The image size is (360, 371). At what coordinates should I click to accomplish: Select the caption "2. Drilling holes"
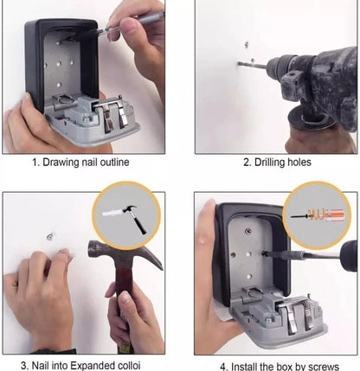tap(277, 162)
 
